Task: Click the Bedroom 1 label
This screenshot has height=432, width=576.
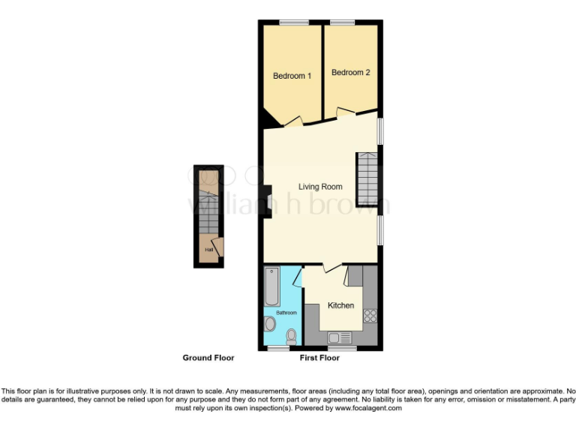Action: click(x=292, y=76)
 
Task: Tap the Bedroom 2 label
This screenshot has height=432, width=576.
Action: click(x=351, y=73)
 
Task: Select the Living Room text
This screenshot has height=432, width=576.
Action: click(x=320, y=187)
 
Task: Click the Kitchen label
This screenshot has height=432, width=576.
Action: click(x=340, y=305)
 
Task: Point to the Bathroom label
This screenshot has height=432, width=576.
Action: click(x=286, y=312)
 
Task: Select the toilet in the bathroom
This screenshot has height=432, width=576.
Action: click(x=291, y=335)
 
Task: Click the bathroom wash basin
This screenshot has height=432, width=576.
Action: click(x=270, y=324)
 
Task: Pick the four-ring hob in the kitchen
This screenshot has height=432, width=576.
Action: click(x=369, y=316)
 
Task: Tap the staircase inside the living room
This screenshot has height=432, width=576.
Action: click(x=367, y=178)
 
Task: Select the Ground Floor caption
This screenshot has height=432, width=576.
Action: click(x=208, y=358)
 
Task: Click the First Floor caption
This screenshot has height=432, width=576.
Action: click(x=319, y=358)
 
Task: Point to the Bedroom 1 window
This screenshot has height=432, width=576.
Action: click(x=295, y=22)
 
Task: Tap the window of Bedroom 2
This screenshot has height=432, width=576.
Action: click(x=343, y=22)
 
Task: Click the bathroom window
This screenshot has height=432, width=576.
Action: click(x=280, y=349)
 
